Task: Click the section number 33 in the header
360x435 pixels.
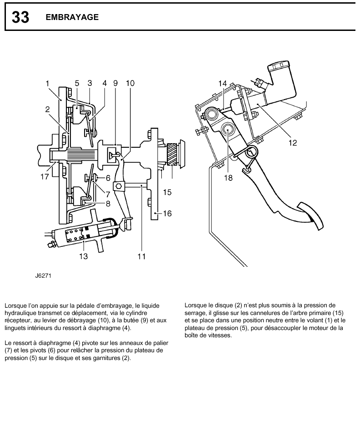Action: click(x=20, y=17)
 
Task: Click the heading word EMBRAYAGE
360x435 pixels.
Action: click(x=72, y=17)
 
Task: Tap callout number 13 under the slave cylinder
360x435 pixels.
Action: click(x=83, y=256)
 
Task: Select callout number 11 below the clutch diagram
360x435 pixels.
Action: click(x=141, y=256)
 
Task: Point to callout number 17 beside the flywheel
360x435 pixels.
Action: click(x=44, y=177)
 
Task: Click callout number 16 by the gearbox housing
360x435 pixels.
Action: click(x=167, y=213)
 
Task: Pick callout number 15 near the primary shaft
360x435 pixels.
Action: click(x=167, y=192)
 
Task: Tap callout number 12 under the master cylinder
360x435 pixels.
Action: click(x=293, y=143)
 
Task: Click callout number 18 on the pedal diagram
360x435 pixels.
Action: click(x=228, y=178)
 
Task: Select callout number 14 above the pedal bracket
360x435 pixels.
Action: click(x=222, y=83)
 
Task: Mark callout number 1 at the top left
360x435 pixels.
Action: click(x=47, y=83)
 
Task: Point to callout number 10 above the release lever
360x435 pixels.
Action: click(x=130, y=83)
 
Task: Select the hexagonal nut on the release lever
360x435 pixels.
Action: click(x=118, y=186)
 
